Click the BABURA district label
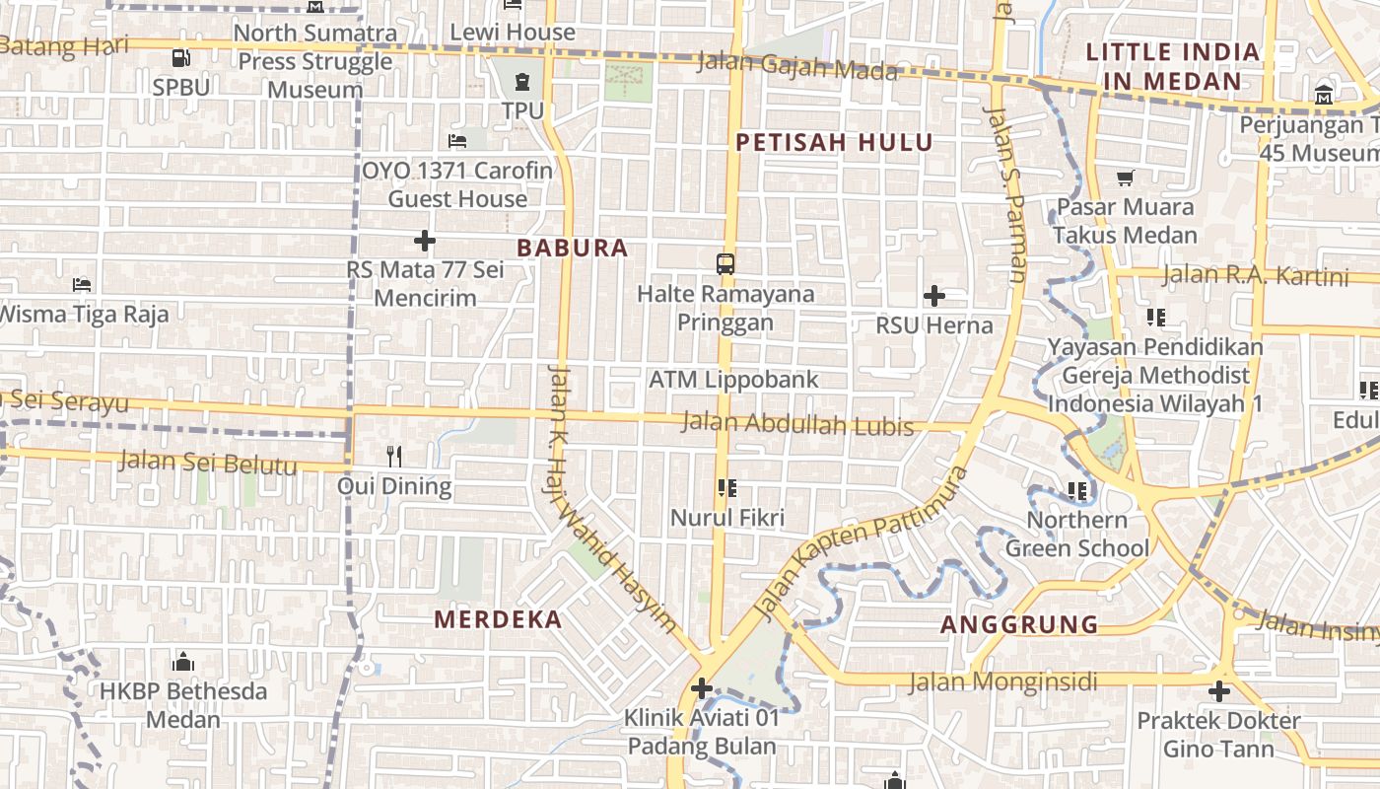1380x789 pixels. (573, 248)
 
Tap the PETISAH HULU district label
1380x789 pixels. (834, 142)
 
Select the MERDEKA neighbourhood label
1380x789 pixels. (498, 619)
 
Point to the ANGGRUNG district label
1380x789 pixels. (1019, 624)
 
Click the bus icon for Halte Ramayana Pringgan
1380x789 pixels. (725, 263)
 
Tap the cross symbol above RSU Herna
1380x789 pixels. (933, 295)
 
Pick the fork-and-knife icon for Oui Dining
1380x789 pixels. (394, 456)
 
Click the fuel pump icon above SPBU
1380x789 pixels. (180, 58)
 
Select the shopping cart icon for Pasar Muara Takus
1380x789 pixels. (1125, 178)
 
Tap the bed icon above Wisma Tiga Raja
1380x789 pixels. (82, 284)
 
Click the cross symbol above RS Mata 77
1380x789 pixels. (425, 240)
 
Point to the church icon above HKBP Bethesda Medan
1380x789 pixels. (182, 661)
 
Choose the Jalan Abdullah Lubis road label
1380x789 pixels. (797, 425)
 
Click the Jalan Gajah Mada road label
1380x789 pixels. (797, 66)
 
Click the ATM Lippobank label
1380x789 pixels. (733, 380)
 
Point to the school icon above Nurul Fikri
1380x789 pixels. (727, 487)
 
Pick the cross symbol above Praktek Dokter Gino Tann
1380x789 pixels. (1219, 691)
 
